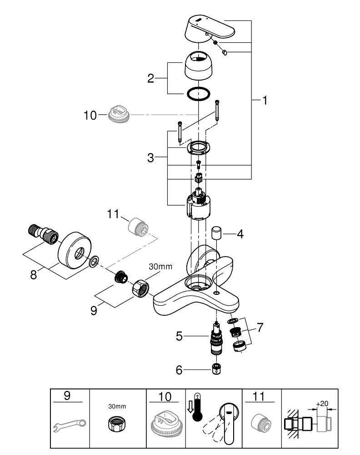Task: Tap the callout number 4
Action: (240, 235)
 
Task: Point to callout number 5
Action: (180, 337)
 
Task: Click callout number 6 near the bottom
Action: (180, 370)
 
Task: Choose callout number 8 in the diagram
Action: (34, 276)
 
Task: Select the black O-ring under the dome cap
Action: (199, 94)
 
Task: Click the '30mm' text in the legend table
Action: (117, 406)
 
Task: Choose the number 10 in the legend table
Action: (165, 396)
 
